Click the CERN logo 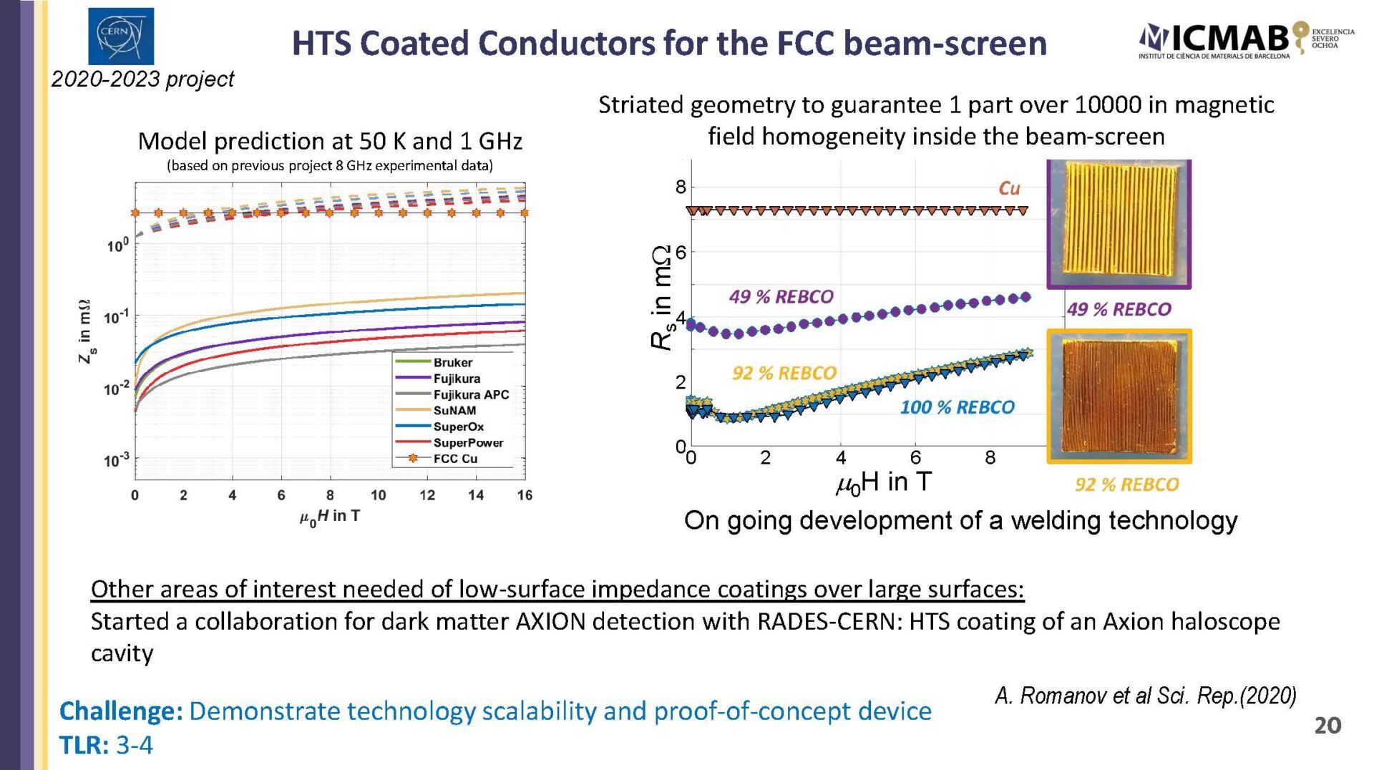click(121, 36)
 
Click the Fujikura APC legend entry click(452, 394)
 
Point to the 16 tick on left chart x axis click(525, 495)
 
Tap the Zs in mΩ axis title click(86, 331)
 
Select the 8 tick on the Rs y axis click(681, 187)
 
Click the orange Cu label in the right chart click(1009, 188)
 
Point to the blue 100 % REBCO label click(957, 407)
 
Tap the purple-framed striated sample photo click(1119, 224)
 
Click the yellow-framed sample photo click(1119, 396)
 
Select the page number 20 click(1327, 726)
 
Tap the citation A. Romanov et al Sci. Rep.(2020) click(1145, 695)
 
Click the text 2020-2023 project click(142, 79)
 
